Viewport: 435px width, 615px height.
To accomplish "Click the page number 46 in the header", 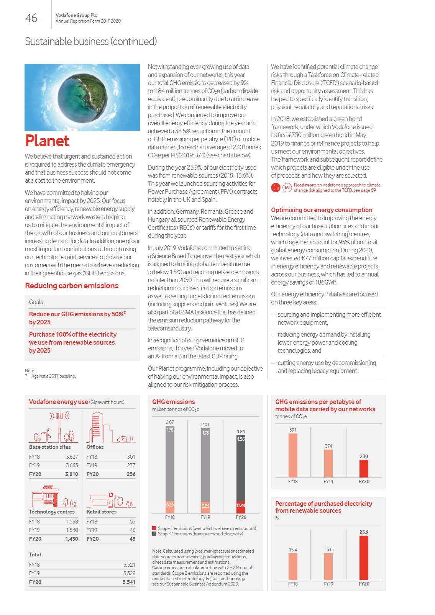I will tap(31, 18).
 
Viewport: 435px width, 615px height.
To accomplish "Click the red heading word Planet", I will tap(47, 141).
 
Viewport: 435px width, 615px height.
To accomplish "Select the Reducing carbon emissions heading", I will tap(72, 286).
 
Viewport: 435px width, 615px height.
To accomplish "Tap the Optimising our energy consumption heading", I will tap(322, 210).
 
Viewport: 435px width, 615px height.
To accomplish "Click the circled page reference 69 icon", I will tap(287, 188).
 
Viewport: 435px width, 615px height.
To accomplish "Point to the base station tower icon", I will tap(59, 427).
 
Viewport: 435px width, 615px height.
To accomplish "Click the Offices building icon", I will tap(97, 427).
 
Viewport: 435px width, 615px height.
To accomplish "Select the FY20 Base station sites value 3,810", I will tap(71, 474).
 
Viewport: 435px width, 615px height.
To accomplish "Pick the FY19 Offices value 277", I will tap(131, 465).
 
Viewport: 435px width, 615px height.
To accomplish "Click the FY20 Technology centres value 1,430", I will tap(71, 539).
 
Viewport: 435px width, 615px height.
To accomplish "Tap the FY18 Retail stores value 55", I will tap(133, 522).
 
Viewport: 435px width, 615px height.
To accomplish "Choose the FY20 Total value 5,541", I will tap(129, 582).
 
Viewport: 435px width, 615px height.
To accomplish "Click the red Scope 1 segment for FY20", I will tap(241, 507).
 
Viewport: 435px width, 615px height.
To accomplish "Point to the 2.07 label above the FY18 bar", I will tap(170, 422).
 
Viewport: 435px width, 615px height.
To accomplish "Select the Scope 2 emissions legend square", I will tap(154, 534).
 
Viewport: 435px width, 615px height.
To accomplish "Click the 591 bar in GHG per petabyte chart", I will tap(293, 455).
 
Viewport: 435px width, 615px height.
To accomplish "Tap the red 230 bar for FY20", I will tap(364, 468).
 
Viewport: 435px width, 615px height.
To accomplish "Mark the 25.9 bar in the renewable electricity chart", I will tap(364, 558).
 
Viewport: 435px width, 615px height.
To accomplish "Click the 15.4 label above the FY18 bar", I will tap(293, 550).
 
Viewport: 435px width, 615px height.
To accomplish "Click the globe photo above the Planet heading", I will tap(82, 97).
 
